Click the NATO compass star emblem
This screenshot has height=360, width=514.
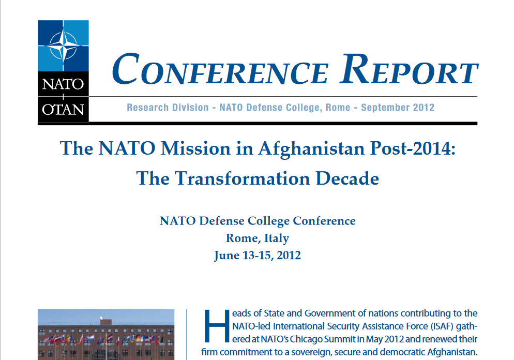click(63, 46)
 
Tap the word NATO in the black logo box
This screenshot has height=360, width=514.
click(63, 84)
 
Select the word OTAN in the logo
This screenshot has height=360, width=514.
click(63, 110)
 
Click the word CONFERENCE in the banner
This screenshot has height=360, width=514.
click(220, 69)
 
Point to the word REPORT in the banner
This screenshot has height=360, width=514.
click(409, 69)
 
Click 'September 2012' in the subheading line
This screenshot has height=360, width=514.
click(398, 108)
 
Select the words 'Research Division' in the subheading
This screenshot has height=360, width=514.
click(168, 108)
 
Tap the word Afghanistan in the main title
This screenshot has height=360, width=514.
click(311, 148)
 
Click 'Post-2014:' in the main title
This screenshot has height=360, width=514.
click(413, 148)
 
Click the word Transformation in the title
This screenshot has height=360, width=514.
click(242, 178)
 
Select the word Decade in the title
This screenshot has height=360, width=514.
click(347, 178)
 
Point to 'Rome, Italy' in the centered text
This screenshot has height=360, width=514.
click(258, 238)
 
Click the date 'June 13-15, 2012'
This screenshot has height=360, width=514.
click(258, 256)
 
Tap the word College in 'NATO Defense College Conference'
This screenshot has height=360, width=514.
click(268, 221)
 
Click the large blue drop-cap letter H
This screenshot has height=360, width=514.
click(217, 326)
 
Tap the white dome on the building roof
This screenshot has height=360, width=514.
click(101, 318)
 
